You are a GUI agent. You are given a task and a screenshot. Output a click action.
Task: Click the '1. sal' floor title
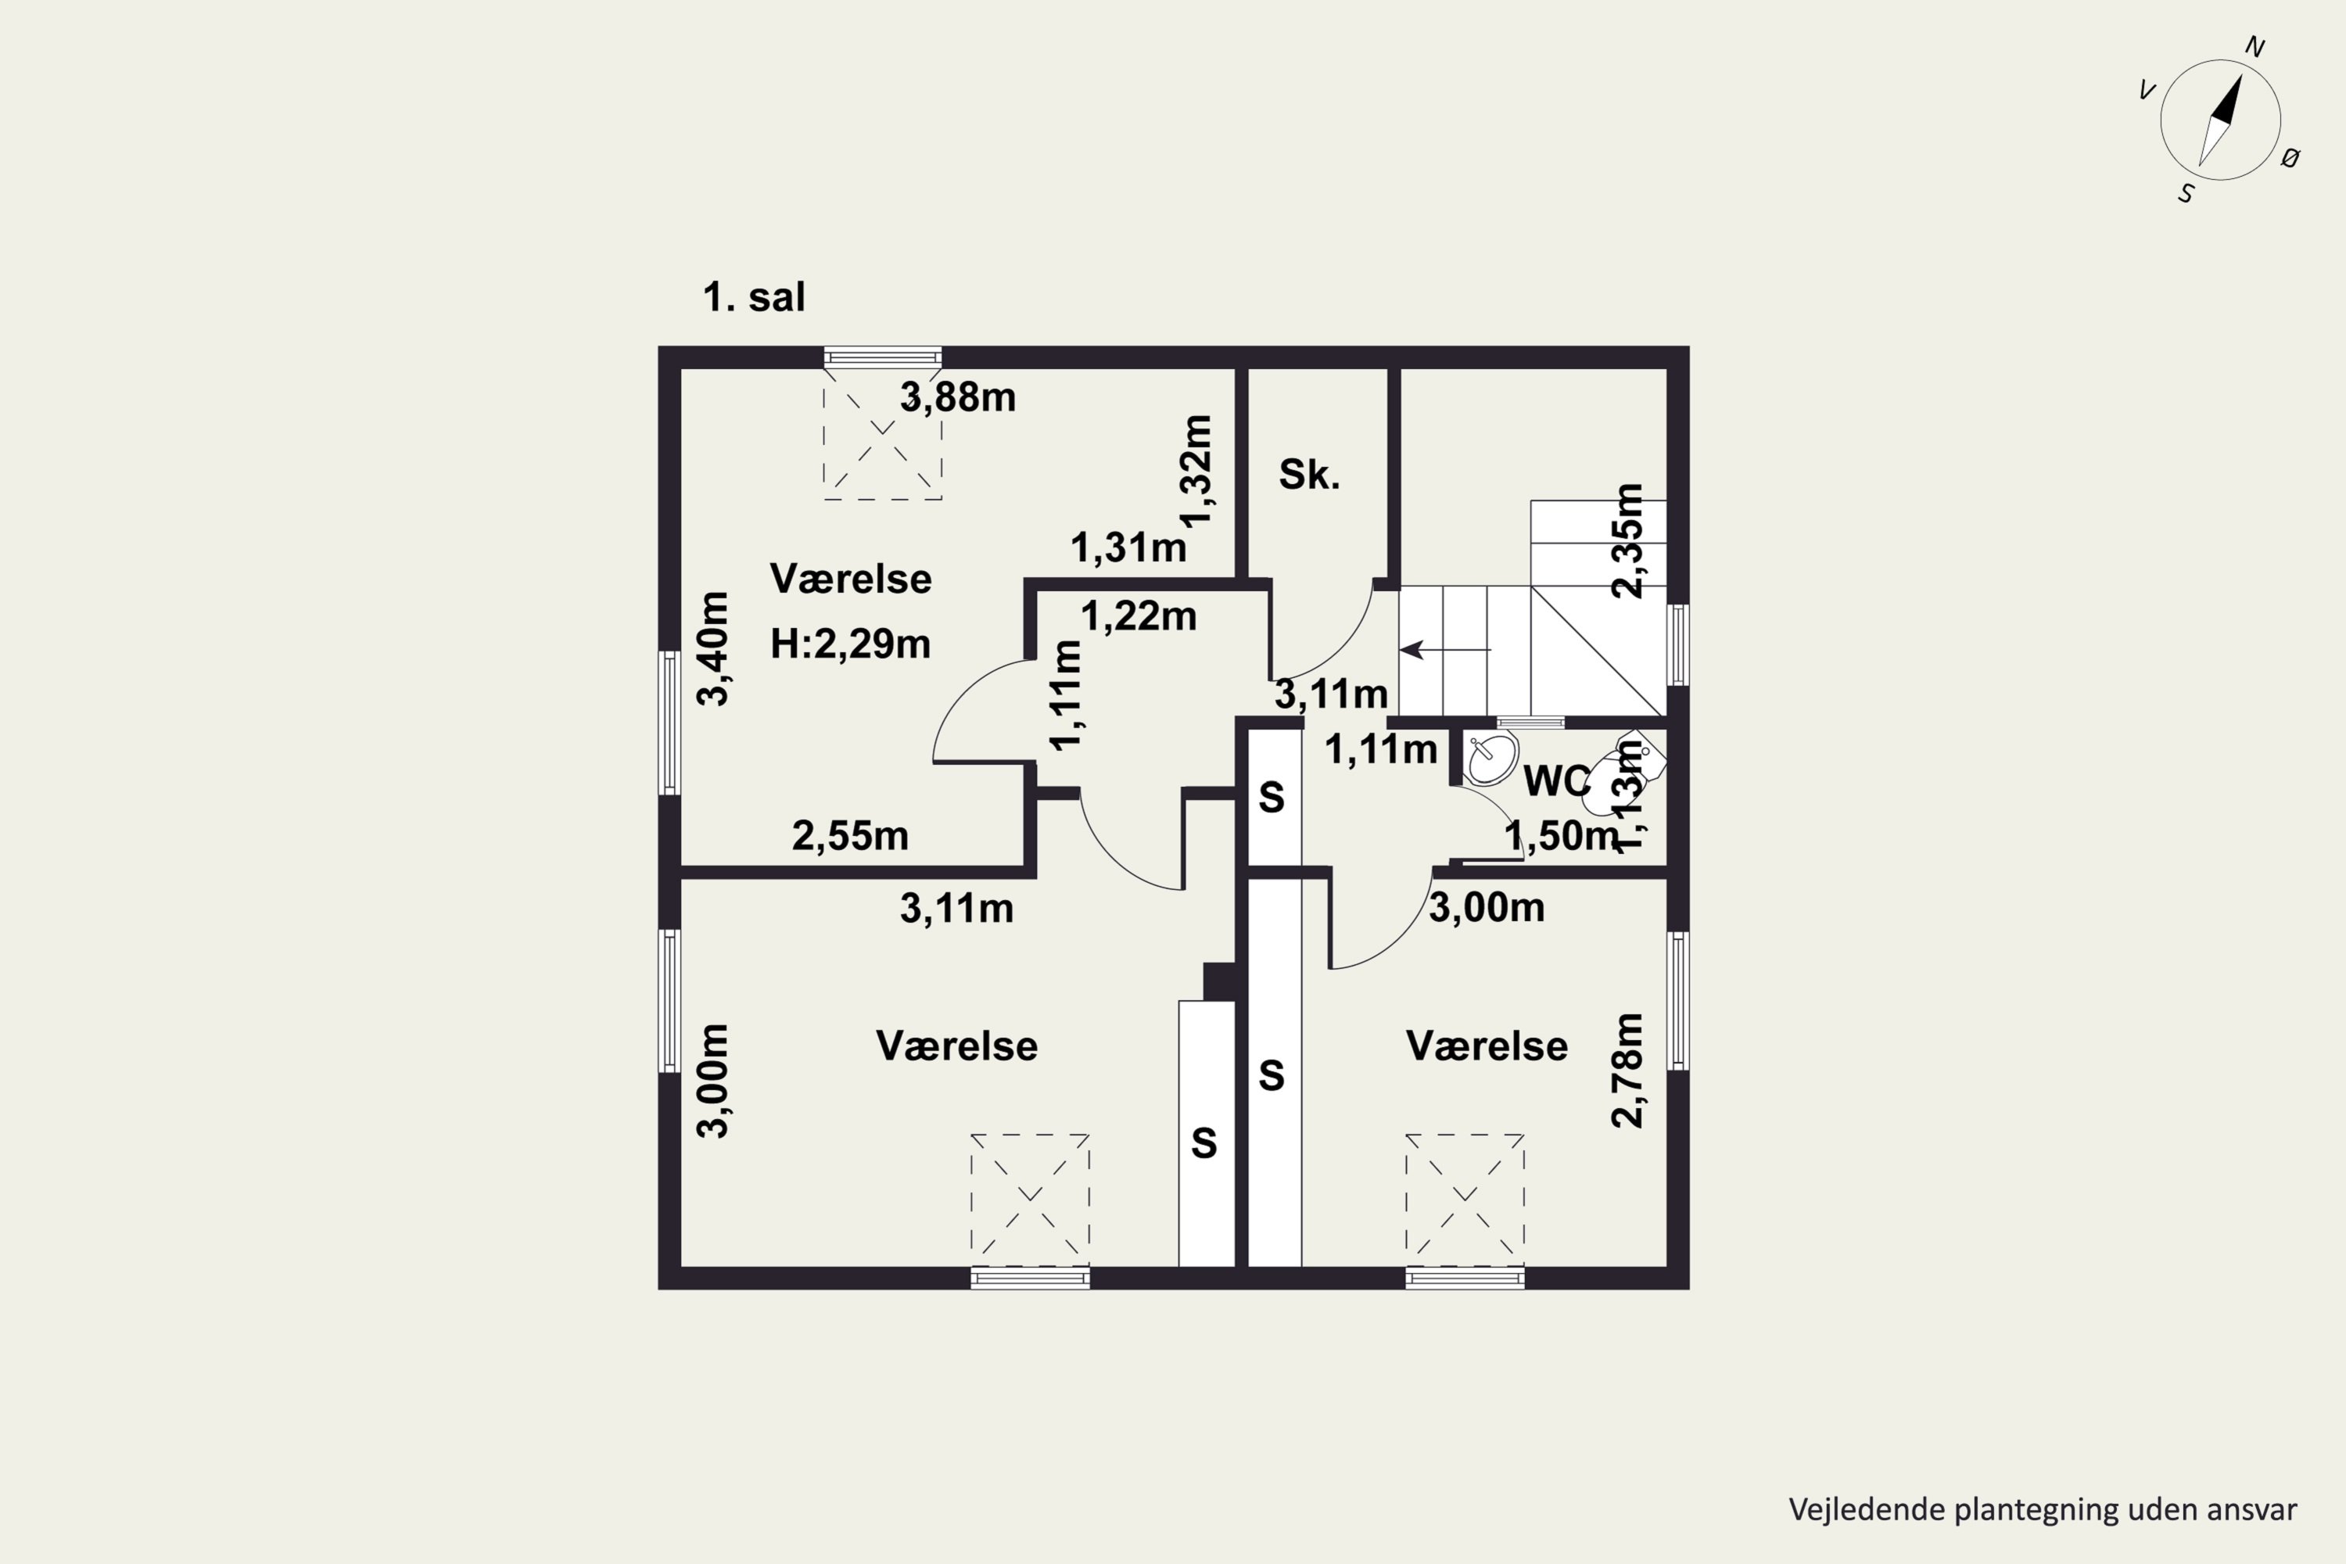click(753, 297)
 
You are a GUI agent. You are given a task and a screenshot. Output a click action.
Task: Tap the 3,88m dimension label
click(957, 397)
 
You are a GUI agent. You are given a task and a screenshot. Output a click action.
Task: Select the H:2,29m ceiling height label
click(850, 644)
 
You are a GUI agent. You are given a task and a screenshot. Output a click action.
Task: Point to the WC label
click(1557, 782)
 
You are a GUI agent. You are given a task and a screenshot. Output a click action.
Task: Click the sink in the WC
click(1491, 760)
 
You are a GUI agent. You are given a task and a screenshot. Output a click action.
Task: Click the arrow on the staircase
click(1445, 651)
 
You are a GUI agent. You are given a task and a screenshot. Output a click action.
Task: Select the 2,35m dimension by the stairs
click(1628, 540)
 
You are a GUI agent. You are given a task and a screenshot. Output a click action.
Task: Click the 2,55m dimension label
click(850, 836)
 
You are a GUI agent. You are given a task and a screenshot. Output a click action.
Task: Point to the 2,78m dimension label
click(1628, 1071)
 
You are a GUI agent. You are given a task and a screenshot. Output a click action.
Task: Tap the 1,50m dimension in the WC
click(1560, 836)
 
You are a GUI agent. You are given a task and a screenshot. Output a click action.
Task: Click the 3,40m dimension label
click(713, 648)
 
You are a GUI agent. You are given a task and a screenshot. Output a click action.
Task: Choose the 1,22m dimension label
click(1138, 616)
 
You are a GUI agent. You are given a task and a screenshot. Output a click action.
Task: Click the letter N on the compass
click(2255, 47)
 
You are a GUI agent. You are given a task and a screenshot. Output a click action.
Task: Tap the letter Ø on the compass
click(2290, 158)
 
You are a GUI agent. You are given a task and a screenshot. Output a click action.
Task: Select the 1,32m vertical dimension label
click(1195, 471)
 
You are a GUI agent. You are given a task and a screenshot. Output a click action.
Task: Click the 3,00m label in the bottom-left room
click(713, 1082)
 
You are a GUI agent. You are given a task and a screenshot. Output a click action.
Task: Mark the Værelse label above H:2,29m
click(851, 579)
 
